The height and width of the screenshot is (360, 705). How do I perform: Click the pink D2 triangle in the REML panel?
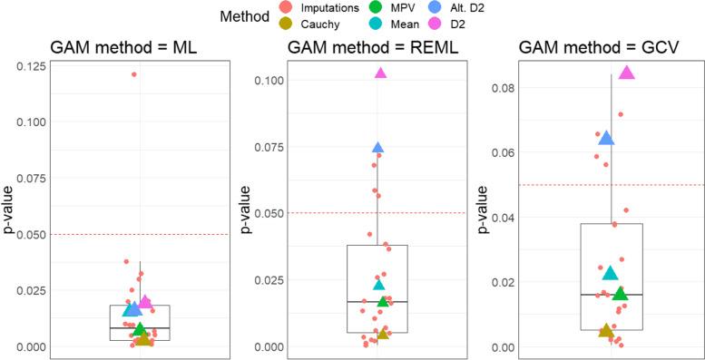click(x=380, y=73)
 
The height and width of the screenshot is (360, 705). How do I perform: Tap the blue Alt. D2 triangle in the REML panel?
click(x=378, y=147)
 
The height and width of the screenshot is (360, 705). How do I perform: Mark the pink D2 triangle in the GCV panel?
click(x=626, y=73)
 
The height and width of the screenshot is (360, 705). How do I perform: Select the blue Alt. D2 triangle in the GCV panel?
click(x=606, y=138)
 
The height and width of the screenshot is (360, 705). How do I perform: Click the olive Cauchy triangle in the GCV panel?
click(x=606, y=331)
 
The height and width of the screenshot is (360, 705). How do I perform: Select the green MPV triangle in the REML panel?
click(x=383, y=300)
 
